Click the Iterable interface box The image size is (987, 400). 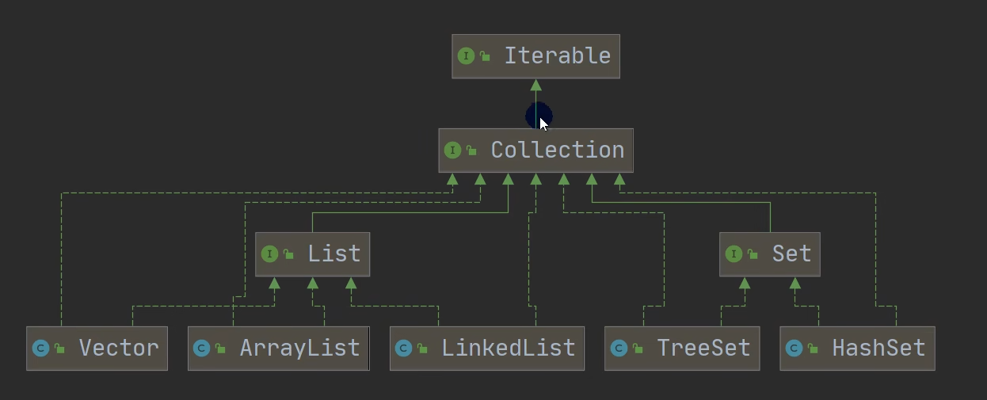[535, 56]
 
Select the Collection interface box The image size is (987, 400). [535, 150]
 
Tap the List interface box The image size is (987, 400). [312, 254]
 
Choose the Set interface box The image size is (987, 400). [769, 254]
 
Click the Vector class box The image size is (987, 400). [97, 349]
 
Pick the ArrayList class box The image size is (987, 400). [278, 349]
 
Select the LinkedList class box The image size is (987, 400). [486, 349]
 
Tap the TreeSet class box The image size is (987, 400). [681, 349]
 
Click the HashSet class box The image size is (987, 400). [857, 349]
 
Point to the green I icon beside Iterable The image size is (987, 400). [466, 56]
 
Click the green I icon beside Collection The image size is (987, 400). [452, 150]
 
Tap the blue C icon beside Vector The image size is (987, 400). [40, 349]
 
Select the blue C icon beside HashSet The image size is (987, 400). [794, 349]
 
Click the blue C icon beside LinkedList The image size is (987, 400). [403, 349]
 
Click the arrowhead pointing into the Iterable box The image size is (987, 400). [535, 85]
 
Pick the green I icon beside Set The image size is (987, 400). [734, 254]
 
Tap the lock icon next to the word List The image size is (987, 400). [288, 255]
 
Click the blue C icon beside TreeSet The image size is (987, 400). [619, 349]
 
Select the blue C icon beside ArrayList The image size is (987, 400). [201, 349]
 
